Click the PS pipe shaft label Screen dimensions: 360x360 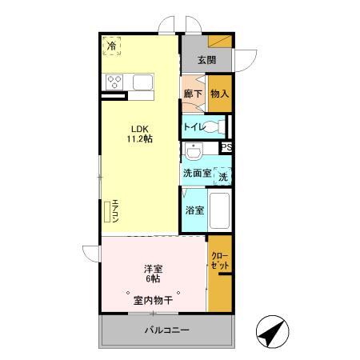pos(226,147)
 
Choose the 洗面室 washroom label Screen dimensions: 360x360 pos(197,173)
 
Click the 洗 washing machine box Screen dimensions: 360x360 pos(223,175)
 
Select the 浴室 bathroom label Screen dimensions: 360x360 pos(194,210)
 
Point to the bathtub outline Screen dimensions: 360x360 pos(219,211)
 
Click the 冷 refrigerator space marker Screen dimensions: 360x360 pos(112,46)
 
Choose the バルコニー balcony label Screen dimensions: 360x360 pos(166,330)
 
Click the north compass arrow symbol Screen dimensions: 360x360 pos(271,330)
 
